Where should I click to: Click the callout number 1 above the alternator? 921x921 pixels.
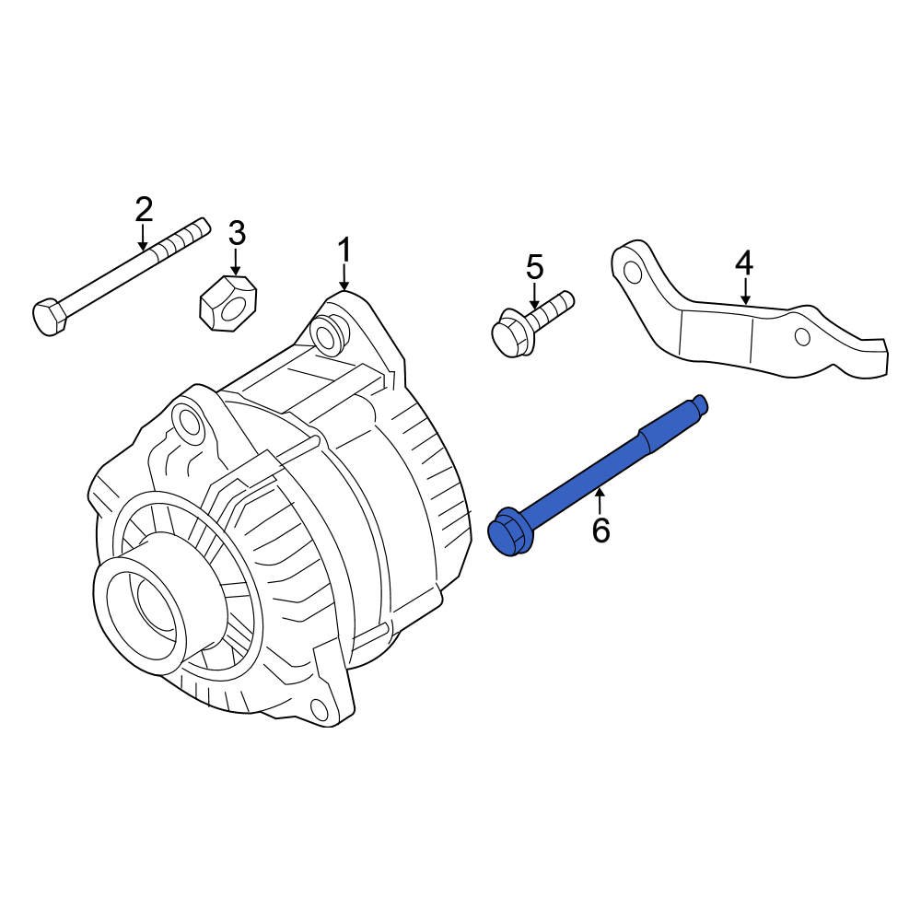tap(344, 250)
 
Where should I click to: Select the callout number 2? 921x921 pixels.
tap(144, 210)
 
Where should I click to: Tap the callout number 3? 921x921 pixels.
tap(237, 234)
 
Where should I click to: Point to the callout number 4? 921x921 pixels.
tap(744, 264)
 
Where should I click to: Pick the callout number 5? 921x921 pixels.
tap(535, 268)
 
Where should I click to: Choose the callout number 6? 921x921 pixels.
tap(600, 530)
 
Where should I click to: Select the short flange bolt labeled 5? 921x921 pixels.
tap(530, 323)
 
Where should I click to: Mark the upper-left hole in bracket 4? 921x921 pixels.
tap(632, 272)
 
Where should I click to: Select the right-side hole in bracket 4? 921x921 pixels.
tap(802, 336)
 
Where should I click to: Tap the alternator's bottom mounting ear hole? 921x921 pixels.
tap(319, 709)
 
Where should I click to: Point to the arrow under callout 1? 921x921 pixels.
tap(344, 277)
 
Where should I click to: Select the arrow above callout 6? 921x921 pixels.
tap(600, 503)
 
